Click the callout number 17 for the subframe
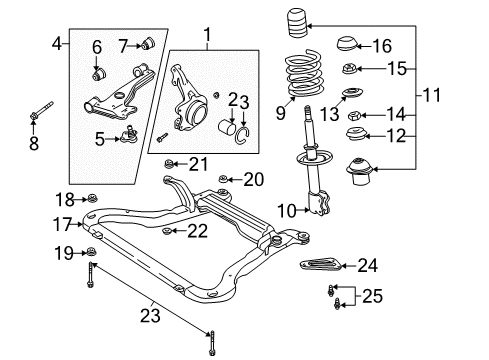point(61,224)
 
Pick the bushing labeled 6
point(98,73)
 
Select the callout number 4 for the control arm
point(57,43)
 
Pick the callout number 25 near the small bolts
point(373,296)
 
